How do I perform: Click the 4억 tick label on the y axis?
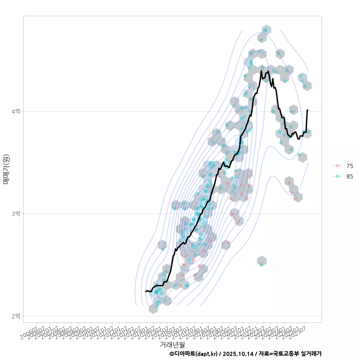point(15,111)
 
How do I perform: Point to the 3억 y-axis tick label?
point(15,213)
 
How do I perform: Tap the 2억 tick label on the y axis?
point(15,316)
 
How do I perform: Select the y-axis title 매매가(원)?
point(6,169)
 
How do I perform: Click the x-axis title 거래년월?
point(172,344)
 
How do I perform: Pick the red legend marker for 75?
point(337,166)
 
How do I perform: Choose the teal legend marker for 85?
point(337,177)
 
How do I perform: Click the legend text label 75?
point(350,166)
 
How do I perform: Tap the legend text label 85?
point(350,177)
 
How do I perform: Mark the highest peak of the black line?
point(261,70)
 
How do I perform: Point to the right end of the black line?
point(307,110)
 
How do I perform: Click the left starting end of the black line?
point(146,292)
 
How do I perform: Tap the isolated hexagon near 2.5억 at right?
point(262,261)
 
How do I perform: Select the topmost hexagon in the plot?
point(266,30)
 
